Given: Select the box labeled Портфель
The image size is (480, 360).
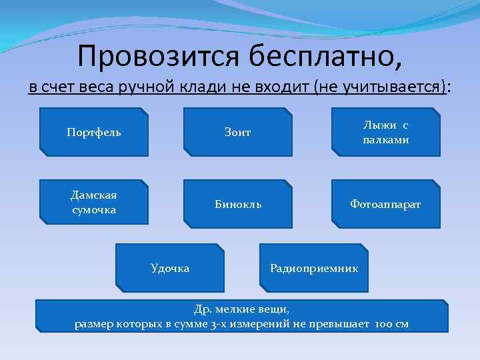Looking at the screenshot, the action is (94, 132).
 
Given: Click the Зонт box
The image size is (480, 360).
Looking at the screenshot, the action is (238, 132).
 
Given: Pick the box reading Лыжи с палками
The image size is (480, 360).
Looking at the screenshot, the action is (386, 132).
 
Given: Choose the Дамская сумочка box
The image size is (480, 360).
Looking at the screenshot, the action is (94, 202).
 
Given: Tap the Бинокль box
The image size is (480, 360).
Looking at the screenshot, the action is (238, 204).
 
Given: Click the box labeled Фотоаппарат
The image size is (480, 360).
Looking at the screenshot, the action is (386, 204).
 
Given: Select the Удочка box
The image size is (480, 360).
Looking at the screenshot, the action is (170, 268).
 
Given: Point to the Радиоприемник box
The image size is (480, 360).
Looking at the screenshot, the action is (314, 268).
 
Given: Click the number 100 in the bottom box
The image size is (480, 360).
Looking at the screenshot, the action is (384, 324).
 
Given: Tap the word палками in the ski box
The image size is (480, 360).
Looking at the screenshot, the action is (386, 140).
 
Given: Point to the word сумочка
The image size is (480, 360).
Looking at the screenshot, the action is (94, 210).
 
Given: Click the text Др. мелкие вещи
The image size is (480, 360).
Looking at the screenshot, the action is (241, 309).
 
